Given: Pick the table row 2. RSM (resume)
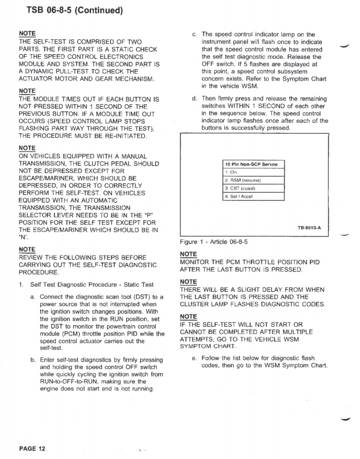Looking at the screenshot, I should (242, 180).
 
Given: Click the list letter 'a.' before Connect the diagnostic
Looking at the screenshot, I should (33, 296).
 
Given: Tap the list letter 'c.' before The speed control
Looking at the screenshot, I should (194, 35).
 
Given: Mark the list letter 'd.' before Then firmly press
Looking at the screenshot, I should (194, 99).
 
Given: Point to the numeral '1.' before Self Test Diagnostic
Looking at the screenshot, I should (21, 285).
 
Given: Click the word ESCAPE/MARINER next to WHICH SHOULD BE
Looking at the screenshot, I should (47, 178).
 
